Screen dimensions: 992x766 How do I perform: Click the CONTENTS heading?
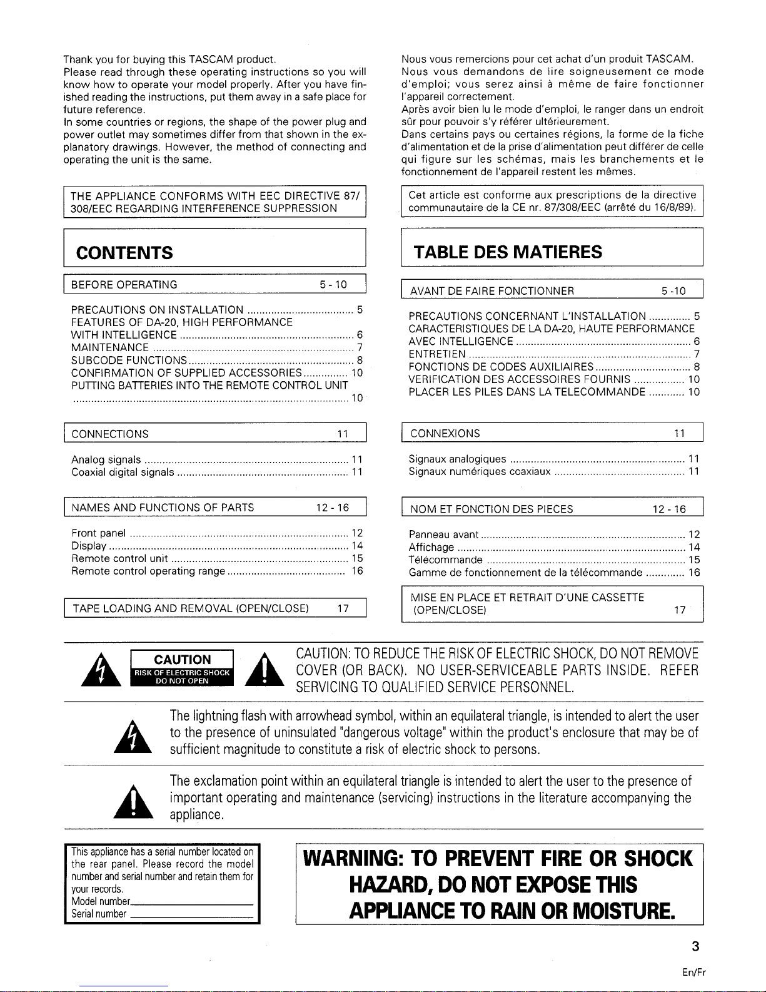[x=124, y=253]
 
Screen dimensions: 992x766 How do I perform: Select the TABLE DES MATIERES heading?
[x=508, y=252]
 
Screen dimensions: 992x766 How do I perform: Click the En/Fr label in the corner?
[x=695, y=973]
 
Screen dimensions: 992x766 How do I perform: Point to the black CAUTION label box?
[x=183, y=668]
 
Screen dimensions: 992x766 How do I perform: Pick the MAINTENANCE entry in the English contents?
[x=110, y=348]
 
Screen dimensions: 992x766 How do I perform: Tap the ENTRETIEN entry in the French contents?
[x=436, y=354]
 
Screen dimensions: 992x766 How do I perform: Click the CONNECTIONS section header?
[x=110, y=434]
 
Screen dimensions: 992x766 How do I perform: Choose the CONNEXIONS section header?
[x=445, y=433]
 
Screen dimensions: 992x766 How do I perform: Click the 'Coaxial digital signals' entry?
[x=123, y=473]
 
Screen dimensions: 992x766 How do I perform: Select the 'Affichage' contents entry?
[x=431, y=548]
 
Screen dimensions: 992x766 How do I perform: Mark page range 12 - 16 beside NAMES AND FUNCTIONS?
[x=335, y=508]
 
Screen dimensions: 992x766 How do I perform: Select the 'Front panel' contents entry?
[x=99, y=534]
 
